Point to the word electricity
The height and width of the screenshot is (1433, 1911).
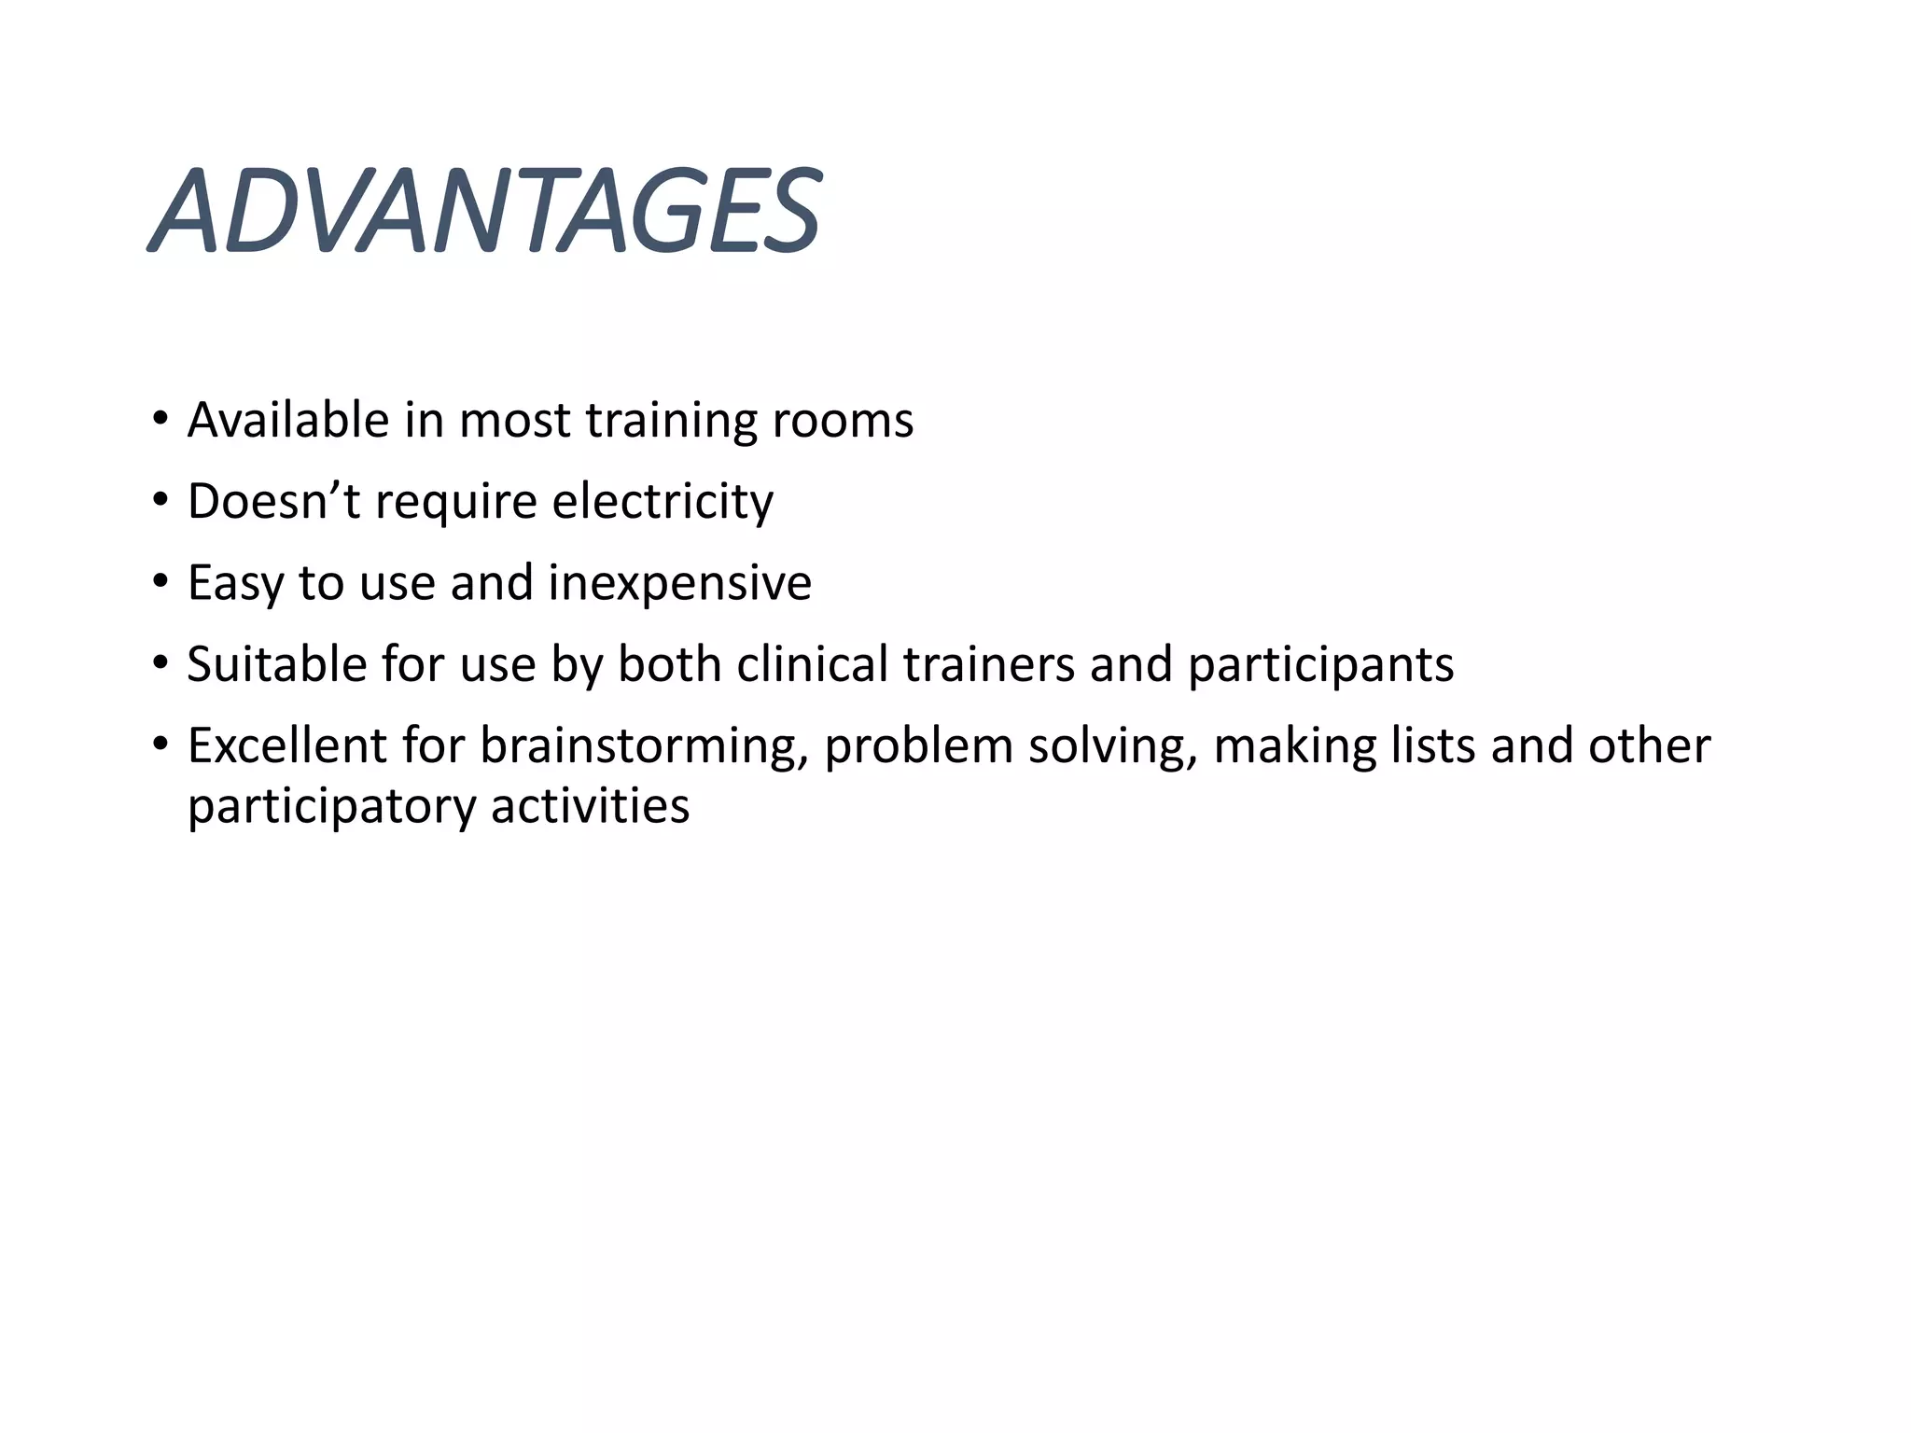663,501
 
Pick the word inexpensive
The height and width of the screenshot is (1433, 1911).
679,582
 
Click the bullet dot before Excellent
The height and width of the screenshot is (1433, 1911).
160,744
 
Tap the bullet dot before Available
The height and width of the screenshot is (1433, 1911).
160,419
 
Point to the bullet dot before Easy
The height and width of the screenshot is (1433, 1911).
160,582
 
